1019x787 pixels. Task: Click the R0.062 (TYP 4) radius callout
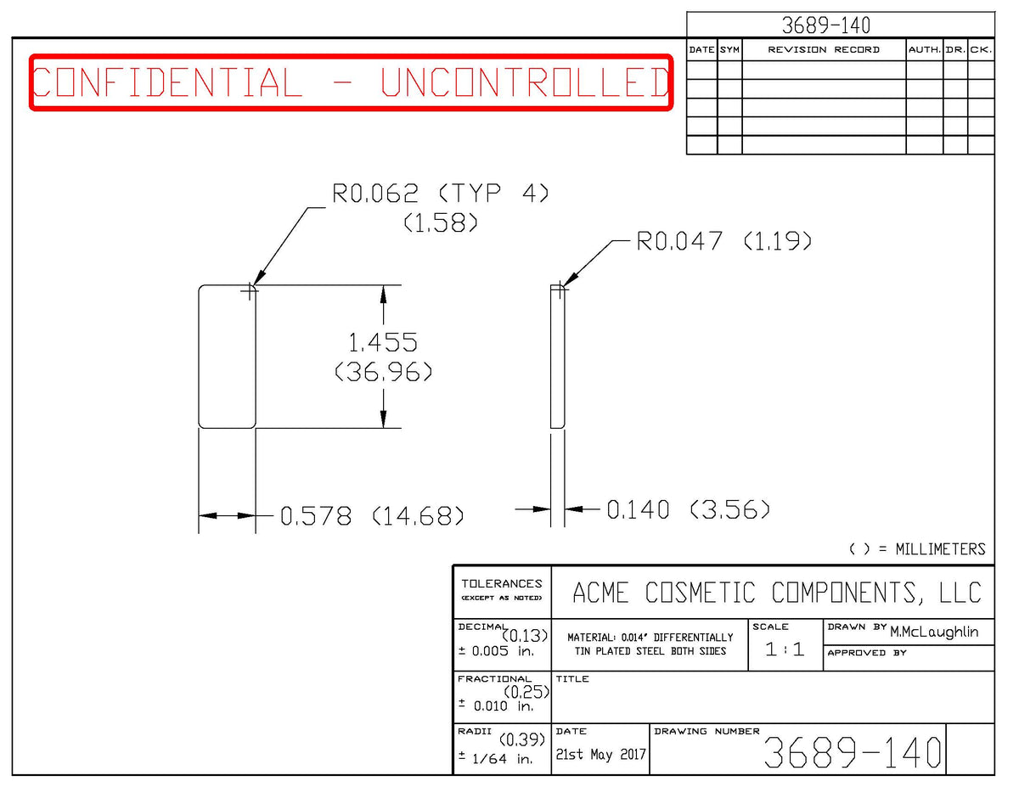(441, 193)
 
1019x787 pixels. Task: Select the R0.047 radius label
(679, 241)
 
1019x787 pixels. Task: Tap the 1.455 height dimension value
(383, 342)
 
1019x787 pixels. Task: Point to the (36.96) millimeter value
(383, 372)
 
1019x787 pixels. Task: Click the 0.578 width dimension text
(316, 516)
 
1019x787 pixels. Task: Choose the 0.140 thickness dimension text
(638, 509)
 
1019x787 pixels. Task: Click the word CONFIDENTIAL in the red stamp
(167, 82)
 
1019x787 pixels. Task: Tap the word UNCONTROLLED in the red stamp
(525, 82)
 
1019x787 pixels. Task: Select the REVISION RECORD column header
(824, 50)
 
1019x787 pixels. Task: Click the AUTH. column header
(924, 50)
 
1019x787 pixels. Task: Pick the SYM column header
(729, 50)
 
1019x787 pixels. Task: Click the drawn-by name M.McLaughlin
(934, 632)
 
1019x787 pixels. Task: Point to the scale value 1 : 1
(785, 649)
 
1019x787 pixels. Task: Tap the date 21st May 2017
(600, 755)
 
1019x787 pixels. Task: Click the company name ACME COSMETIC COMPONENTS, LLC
(777, 593)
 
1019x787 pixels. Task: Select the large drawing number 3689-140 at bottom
(853, 753)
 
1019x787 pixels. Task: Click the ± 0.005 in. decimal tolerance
(496, 651)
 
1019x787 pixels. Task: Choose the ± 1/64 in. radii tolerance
(496, 759)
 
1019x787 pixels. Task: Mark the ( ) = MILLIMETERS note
(917, 549)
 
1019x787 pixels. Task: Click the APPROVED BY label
(867, 653)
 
